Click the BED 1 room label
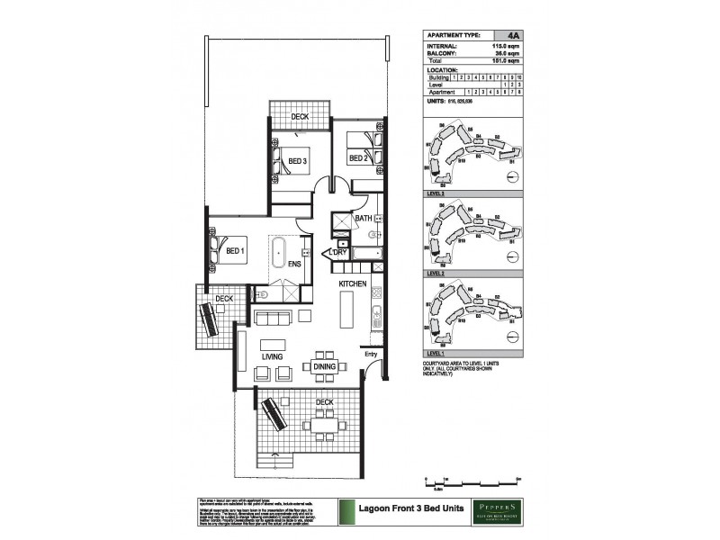236,251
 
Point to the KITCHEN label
352,283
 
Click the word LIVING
273,357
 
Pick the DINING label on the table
324,366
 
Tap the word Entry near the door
371,354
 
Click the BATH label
364,219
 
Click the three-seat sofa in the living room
274,318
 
